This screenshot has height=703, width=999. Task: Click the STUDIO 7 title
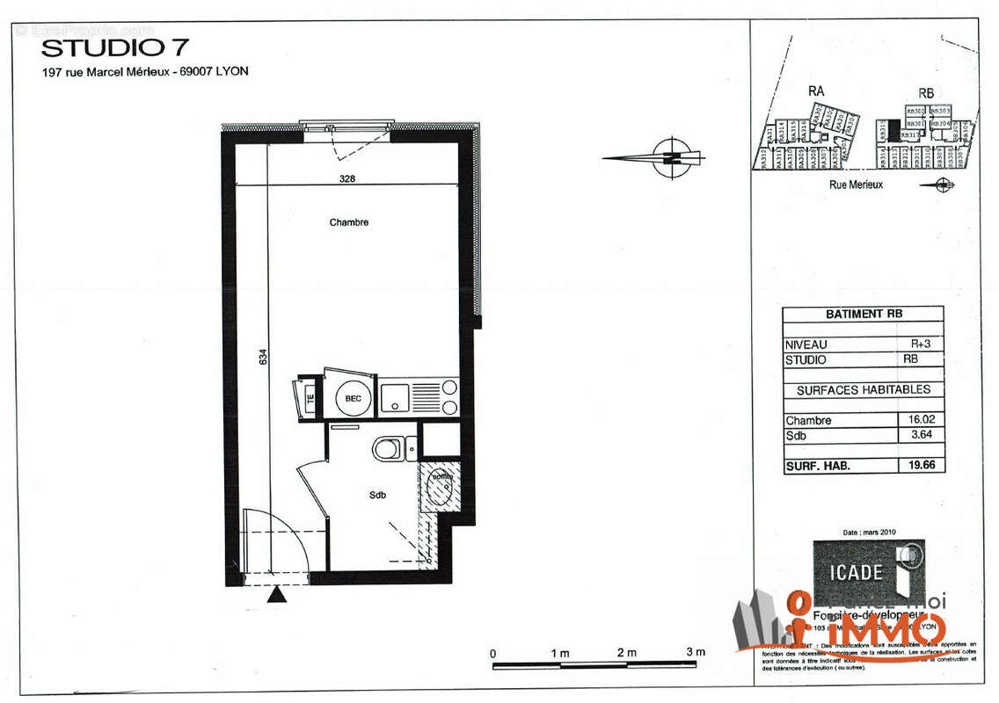click(x=114, y=47)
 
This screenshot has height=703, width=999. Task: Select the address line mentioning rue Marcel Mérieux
click(x=145, y=72)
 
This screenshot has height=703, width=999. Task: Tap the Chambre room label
click(x=349, y=222)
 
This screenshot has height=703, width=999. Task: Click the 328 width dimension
click(x=348, y=178)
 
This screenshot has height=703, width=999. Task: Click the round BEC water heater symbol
click(x=353, y=398)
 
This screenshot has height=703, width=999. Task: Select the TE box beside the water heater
click(x=310, y=398)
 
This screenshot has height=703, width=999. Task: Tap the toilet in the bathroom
click(x=387, y=450)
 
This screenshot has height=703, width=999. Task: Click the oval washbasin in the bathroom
click(x=439, y=489)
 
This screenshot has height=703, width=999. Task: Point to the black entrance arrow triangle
click(x=278, y=596)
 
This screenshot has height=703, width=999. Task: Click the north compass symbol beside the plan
click(x=672, y=158)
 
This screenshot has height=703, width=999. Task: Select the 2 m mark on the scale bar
click(x=627, y=652)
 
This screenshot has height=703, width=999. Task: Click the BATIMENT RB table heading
click(x=864, y=314)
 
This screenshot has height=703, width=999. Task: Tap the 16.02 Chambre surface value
click(x=920, y=420)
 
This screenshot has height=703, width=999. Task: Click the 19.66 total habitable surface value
click(x=920, y=466)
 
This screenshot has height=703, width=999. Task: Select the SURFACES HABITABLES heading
click(x=863, y=389)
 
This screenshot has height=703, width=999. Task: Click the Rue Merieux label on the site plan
click(x=856, y=185)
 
